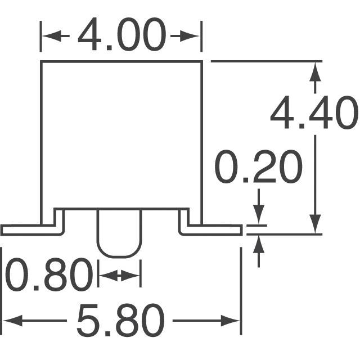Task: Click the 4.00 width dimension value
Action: pos(122,34)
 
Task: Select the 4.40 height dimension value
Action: pos(314,112)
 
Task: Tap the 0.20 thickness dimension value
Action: pos(258,166)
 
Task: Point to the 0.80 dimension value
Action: pos(49,274)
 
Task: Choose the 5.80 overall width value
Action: pos(121,321)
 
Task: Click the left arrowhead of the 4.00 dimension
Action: pos(52,36)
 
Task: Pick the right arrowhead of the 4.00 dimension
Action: pos(190,36)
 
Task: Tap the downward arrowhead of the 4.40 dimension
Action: pos(315,224)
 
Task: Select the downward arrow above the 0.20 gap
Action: pos(259,206)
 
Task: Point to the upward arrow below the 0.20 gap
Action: pos(259,251)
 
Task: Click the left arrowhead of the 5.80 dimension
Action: pos(12,321)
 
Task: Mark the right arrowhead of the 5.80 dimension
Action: pos(231,321)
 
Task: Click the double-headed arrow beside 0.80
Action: pos(119,276)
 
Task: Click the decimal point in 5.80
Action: pos(107,334)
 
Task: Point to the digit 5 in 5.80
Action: pos(88,321)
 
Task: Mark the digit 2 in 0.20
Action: pos(264,166)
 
